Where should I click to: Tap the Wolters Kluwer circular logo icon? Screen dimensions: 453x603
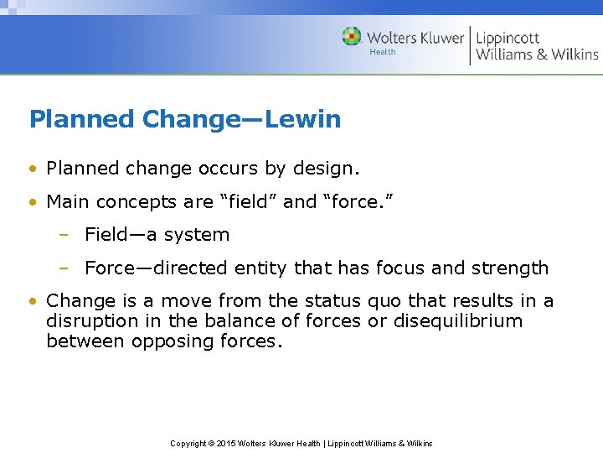click(352, 37)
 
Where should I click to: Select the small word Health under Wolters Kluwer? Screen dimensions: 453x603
click(382, 52)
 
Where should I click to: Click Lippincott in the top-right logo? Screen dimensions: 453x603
click(508, 37)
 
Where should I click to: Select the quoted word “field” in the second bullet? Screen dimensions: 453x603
click(247, 202)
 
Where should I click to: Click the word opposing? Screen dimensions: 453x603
click(162, 341)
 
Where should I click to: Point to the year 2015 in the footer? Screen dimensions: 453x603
click(227, 444)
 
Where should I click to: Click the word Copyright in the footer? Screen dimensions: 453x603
click(187, 444)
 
